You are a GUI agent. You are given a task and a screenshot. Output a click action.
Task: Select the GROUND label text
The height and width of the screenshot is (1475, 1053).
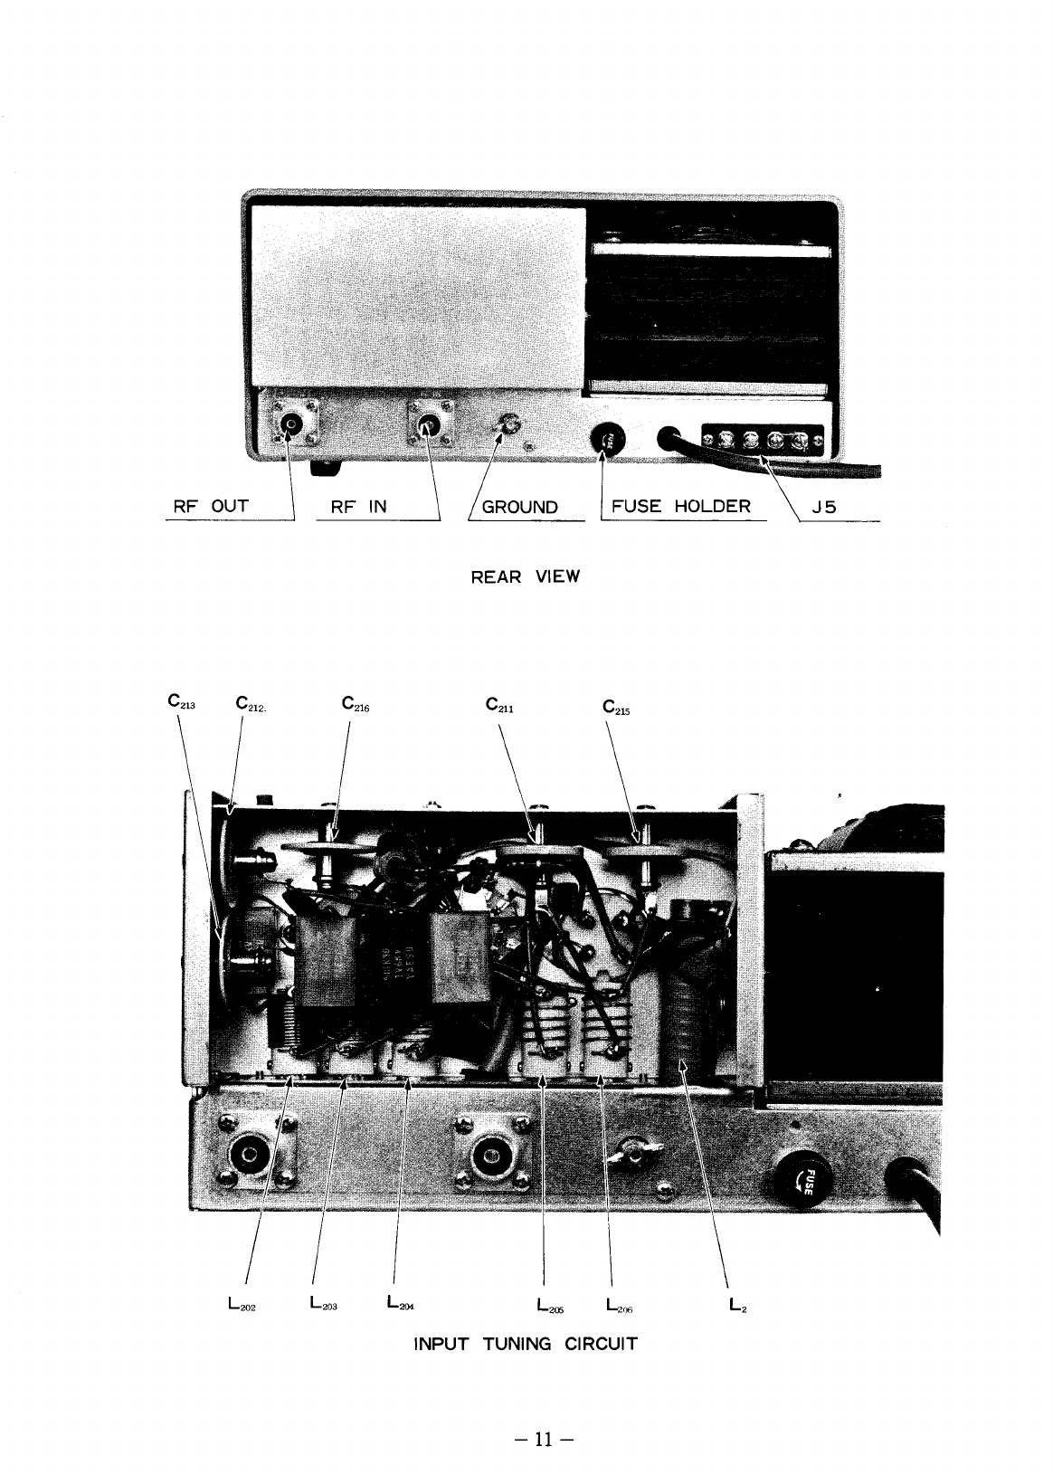520,507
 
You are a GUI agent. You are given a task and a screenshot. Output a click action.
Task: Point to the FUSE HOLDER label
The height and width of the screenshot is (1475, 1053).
681,506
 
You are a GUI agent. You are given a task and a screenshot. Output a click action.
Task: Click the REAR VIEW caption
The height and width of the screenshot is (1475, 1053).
525,577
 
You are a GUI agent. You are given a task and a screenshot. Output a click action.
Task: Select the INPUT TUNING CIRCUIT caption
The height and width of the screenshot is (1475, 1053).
525,1343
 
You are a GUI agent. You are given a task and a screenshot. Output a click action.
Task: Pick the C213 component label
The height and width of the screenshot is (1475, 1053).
182,701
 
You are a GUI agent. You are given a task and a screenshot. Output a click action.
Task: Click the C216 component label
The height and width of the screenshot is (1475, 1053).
356,703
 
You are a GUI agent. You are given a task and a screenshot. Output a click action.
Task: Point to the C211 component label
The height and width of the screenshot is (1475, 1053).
500,703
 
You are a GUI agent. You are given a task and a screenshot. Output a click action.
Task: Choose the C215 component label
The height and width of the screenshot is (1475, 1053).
616,705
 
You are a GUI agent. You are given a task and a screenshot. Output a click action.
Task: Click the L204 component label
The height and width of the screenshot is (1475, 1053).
399,1304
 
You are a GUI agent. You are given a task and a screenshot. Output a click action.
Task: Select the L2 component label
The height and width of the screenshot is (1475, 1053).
736,1305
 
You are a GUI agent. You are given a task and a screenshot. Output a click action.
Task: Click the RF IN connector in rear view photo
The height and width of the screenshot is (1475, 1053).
426,423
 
